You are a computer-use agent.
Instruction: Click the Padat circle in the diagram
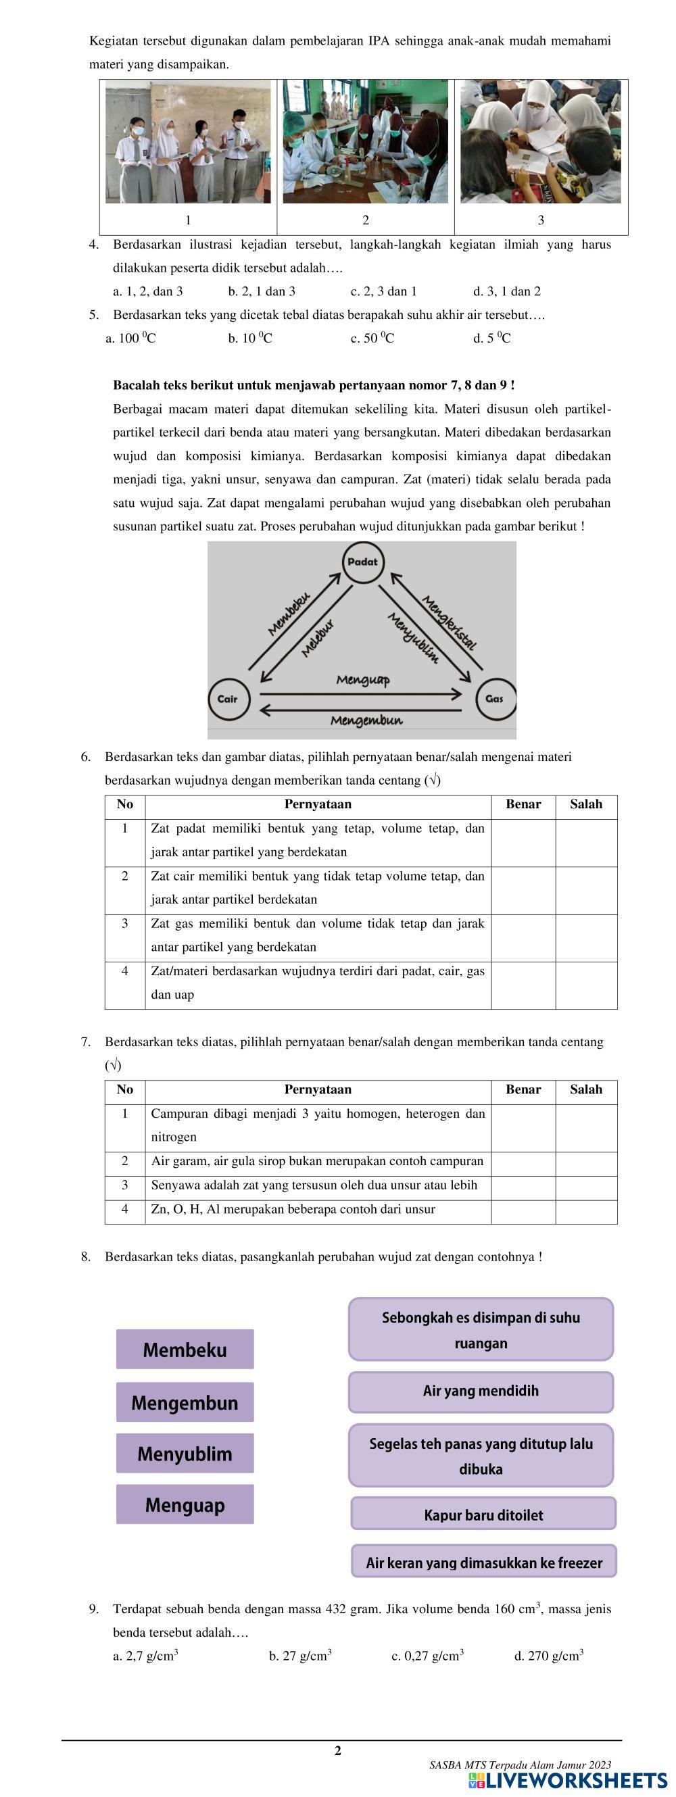(362, 562)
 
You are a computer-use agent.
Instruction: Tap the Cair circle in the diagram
(227, 698)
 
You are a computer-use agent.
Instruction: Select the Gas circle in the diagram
(495, 698)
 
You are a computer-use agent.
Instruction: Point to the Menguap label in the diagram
(363, 679)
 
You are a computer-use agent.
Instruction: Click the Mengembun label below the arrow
(366, 720)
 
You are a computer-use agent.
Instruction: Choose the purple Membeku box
(185, 1349)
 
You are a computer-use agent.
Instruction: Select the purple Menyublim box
(185, 1453)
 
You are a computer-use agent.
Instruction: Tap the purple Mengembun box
(185, 1402)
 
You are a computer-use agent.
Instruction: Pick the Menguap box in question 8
(185, 1504)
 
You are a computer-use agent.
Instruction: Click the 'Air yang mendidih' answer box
(481, 1391)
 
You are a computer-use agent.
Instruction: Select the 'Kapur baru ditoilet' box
(483, 1515)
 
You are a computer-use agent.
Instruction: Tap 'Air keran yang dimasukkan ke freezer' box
(483, 1562)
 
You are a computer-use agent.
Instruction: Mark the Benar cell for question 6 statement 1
(523, 843)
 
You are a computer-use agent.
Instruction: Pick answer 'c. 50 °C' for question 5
(372, 339)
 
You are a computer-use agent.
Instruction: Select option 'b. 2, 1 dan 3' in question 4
(262, 291)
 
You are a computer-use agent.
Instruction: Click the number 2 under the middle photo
(366, 220)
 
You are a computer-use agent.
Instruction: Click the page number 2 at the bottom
(337, 1750)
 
